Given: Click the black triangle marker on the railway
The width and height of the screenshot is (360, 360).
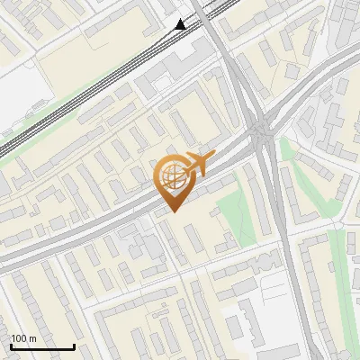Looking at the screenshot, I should (x=181, y=23).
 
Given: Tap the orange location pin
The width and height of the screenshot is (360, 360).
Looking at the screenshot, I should (x=174, y=181).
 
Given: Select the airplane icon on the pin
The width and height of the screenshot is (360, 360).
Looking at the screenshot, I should (x=199, y=165).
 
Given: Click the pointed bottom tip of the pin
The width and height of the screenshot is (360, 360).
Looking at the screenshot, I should (x=174, y=211).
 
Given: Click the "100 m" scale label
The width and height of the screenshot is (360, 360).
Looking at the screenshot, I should (x=23, y=338).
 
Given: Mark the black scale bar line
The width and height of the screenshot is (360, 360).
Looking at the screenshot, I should (x=42, y=346).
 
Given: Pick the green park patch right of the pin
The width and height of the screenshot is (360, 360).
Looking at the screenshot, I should (x=233, y=211).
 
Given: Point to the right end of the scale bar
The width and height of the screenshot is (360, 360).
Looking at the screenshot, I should (x=74, y=346).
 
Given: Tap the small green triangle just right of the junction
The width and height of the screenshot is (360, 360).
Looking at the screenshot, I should (x=287, y=148).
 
